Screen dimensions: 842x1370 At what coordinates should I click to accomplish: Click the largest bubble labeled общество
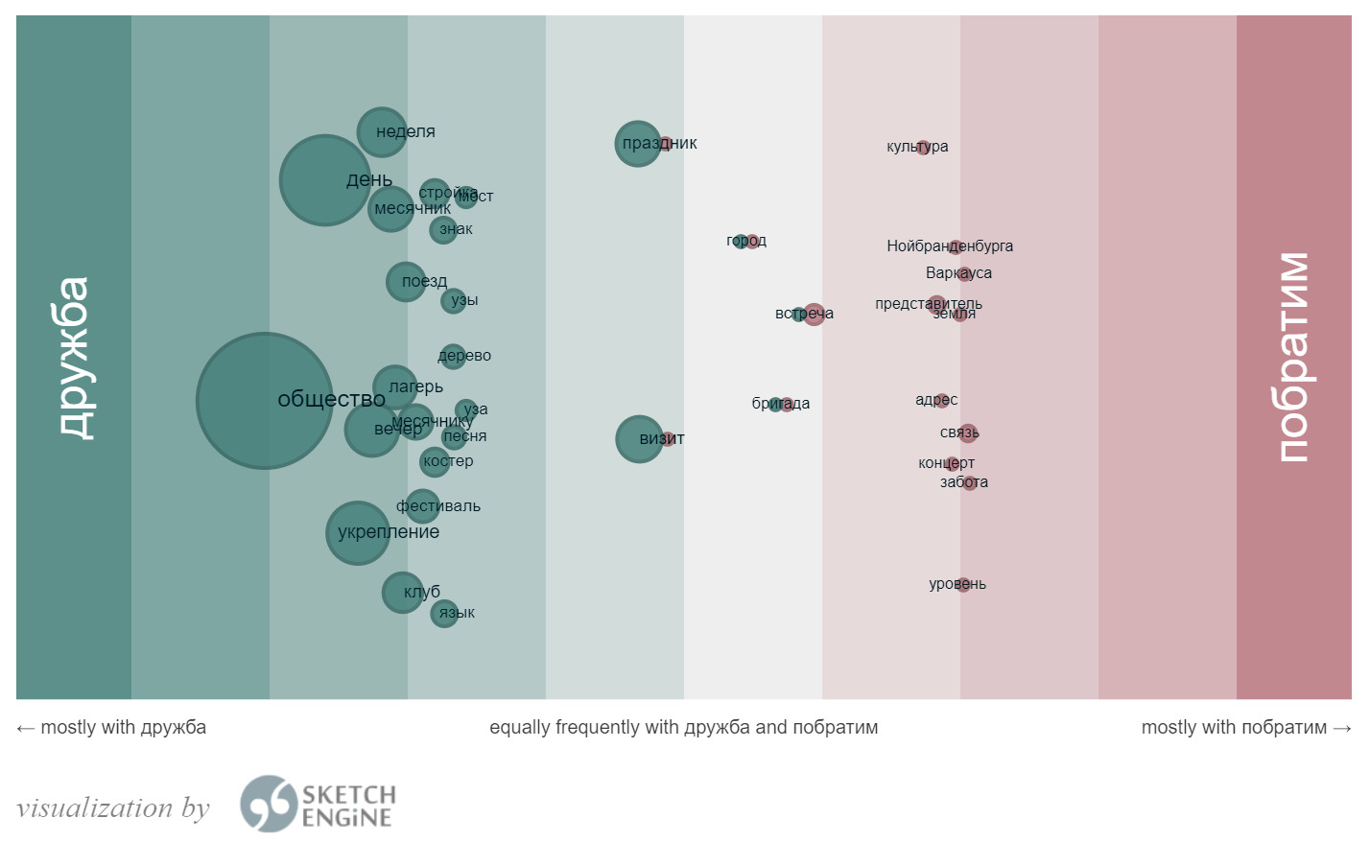264,401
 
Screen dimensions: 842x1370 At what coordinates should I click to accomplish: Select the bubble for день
325,180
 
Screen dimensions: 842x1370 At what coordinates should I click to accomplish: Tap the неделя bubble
382,132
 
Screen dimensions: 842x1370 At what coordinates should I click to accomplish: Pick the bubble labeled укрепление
358,533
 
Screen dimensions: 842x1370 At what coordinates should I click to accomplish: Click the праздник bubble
638,144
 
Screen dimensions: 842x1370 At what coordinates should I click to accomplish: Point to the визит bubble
639,439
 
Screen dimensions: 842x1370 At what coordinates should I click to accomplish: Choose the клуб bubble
403,593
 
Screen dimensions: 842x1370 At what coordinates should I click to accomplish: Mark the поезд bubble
406,282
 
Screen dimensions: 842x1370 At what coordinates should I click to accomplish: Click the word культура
917,147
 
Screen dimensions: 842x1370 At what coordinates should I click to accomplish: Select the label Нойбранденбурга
950,246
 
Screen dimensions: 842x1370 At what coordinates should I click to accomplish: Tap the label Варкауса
958,273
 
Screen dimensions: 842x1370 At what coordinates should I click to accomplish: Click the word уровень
957,584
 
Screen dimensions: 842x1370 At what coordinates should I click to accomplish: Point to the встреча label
804,314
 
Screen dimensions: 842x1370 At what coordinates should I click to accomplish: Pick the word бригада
780,404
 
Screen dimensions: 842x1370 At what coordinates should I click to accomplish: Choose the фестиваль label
438,506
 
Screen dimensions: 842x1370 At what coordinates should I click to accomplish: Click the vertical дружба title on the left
74,358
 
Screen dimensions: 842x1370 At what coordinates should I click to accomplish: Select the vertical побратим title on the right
1293,358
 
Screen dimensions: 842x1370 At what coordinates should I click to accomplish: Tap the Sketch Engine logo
318,805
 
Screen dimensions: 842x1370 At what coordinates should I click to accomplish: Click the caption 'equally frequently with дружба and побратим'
683,728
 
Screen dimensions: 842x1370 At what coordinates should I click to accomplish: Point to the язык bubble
444,614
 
